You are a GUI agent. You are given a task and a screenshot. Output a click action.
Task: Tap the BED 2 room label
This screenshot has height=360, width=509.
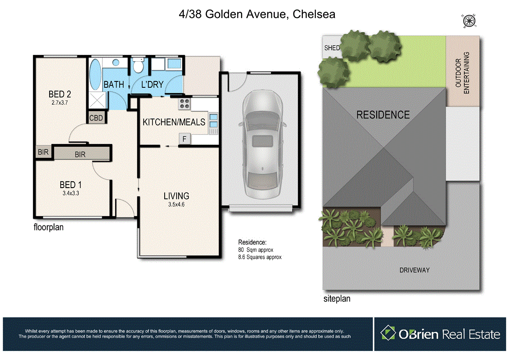(x=61, y=94)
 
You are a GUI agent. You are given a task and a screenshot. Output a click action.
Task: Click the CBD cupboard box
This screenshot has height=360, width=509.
(x=96, y=118)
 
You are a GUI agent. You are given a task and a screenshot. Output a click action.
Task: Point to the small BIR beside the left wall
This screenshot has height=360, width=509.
(x=43, y=153)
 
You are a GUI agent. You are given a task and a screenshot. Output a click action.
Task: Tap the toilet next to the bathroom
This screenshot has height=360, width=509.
(x=138, y=65)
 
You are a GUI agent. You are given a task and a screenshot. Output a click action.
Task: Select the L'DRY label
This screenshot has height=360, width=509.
(x=152, y=85)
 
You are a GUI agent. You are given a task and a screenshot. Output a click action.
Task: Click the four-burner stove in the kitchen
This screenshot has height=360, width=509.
(x=185, y=104)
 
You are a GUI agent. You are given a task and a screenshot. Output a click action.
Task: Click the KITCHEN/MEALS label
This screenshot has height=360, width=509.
(x=174, y=122)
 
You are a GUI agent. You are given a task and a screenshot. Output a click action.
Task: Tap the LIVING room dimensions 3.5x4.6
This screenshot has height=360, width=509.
(x=176, y=204)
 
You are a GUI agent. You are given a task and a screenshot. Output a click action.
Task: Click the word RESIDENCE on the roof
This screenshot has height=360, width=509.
(x=383, y=115)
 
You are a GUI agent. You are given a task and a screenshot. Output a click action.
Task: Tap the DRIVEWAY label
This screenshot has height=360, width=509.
(x=414, y=270)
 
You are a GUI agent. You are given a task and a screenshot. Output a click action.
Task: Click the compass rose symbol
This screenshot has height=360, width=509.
(x=469, y=20)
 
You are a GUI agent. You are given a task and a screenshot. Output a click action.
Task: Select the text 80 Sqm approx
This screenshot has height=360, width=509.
(x=256, y=250)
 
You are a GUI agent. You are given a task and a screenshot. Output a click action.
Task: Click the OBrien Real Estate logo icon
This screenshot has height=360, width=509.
(x=388, y=333)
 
